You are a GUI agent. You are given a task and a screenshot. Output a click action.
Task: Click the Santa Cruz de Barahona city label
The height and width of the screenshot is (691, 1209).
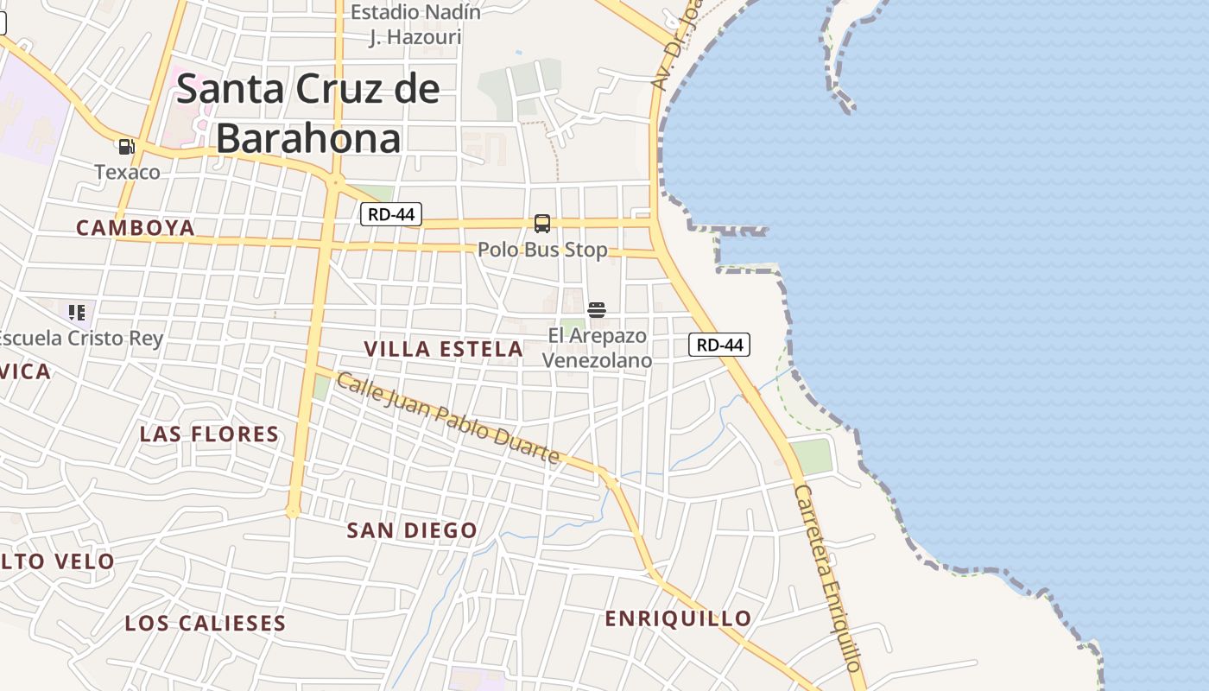[x=308, y=113]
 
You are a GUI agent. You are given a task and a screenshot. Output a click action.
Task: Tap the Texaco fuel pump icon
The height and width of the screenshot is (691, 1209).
[x=127, y=147]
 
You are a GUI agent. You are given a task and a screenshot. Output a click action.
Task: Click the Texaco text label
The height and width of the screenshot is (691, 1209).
[x=128, y=172]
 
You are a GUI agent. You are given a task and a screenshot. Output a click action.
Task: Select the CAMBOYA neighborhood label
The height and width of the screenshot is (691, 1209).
[x=136, y=228]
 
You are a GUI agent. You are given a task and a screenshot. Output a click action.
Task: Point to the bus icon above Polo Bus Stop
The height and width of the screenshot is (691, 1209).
[x=542, y=224]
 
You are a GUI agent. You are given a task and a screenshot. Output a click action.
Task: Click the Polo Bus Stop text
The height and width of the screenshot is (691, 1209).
[x=542, y=250]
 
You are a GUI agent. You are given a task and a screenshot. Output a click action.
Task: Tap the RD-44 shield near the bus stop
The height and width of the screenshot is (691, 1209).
[x=391, y=214]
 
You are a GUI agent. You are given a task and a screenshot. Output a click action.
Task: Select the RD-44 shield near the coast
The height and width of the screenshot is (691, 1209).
[x=719, y=345]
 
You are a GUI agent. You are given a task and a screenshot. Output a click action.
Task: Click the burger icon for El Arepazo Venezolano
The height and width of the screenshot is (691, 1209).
[x=597, y=310]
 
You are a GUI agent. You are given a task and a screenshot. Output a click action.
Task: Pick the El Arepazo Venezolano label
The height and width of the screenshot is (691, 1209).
[x=597, y=347]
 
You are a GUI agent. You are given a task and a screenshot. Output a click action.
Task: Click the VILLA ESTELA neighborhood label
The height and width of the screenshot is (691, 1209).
[x=443, y=349]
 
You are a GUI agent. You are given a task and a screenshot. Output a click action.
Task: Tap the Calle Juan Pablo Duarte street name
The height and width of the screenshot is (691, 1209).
[x=447, y=418]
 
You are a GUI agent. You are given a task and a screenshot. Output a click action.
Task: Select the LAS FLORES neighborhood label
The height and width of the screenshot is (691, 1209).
[x=210, y=434]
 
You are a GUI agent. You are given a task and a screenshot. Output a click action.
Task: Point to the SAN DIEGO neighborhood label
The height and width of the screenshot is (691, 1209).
[x=412, y=530]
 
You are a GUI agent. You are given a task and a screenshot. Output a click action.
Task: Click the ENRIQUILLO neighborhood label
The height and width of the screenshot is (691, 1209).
[x=678, y=618]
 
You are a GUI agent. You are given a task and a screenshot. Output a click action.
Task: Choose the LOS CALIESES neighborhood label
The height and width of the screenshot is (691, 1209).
[x=206, y=623]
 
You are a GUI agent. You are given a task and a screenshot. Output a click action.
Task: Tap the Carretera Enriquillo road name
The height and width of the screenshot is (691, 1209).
[x=829, y=579]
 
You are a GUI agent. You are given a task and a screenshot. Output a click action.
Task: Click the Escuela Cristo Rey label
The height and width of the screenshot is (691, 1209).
[x=80, y=338]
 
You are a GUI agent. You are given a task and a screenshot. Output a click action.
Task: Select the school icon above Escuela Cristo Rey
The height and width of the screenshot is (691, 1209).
[x=77, y=312]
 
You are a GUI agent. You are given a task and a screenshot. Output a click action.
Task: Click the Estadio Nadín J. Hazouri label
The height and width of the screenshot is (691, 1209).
[x=415, y=24]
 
